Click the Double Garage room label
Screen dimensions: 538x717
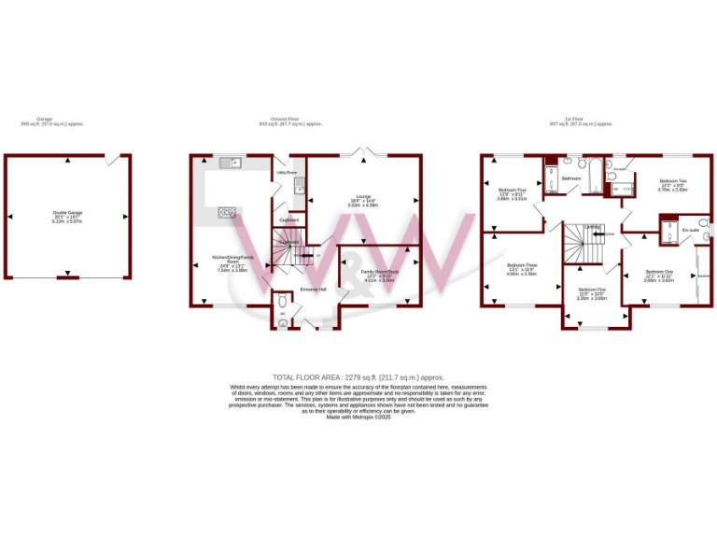(67, 213)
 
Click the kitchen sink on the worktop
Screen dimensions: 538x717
(229, 163)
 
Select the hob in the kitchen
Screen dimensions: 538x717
(226, 212)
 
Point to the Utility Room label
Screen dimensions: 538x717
(286, 173)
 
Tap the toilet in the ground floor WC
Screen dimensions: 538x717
(282, 302)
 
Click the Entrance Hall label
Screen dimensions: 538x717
(313, 289)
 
